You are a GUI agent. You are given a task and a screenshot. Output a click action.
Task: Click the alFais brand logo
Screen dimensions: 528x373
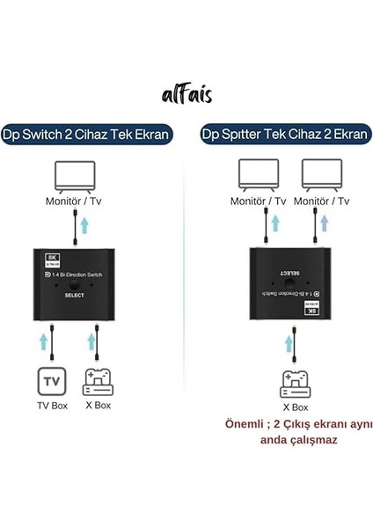(x=186, y=94)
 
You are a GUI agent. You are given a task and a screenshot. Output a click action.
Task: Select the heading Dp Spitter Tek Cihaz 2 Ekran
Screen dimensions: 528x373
(x=278, y=135)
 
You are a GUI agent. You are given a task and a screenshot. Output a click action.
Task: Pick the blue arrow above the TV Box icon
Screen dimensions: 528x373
(x=43, y=339)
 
